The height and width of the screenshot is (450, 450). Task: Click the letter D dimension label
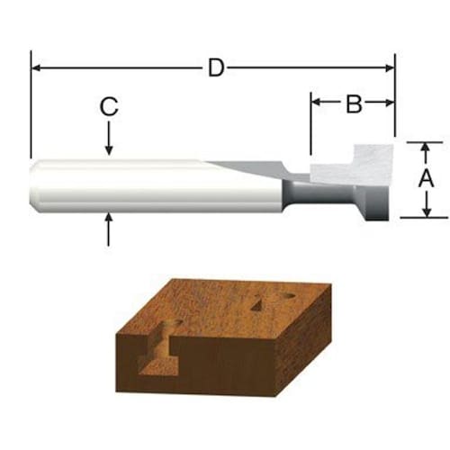coord(216,68)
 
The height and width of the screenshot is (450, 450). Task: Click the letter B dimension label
coord(354,104)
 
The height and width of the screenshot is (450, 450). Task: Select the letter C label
coord(109,107)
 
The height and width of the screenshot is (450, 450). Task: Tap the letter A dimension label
coord(426,178)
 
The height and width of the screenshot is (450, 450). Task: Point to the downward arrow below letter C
coord(109,138)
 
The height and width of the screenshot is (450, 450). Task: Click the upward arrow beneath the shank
coord(108,229)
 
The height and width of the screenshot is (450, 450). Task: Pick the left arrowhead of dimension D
coord(36,68)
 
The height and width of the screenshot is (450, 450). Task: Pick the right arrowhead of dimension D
coord(390,68)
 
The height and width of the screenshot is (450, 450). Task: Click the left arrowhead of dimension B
coord(317,103)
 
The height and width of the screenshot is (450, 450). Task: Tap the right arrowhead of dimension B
coord(390,103)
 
